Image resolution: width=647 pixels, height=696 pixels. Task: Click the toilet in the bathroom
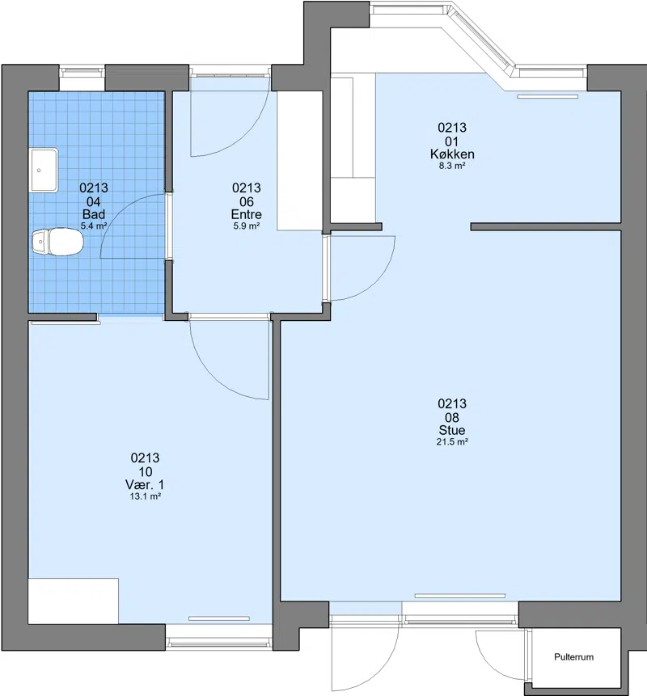click(57, 242)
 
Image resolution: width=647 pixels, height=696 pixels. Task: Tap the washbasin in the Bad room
click(44, 171)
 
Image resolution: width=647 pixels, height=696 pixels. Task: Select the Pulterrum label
click(573, 657)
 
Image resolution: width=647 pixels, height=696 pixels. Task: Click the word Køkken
click(452, 154)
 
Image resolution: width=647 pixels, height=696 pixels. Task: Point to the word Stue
click(452, 430)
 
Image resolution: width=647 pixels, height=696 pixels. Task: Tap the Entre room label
click(247, 214)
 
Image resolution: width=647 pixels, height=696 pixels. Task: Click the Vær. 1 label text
click(145, 485)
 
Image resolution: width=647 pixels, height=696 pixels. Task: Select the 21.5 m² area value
click(452, 441)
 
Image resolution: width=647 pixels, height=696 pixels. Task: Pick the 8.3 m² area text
click(452, 166)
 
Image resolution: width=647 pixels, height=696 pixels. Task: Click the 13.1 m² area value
click(146, 496)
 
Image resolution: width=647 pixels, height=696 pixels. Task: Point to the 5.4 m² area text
click(94, 226)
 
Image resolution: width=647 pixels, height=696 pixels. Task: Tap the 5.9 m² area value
click(247, 226)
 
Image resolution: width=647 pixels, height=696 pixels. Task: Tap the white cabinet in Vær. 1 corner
click(74, 601)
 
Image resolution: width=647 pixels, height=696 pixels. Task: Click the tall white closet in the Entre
click(300, 161)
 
